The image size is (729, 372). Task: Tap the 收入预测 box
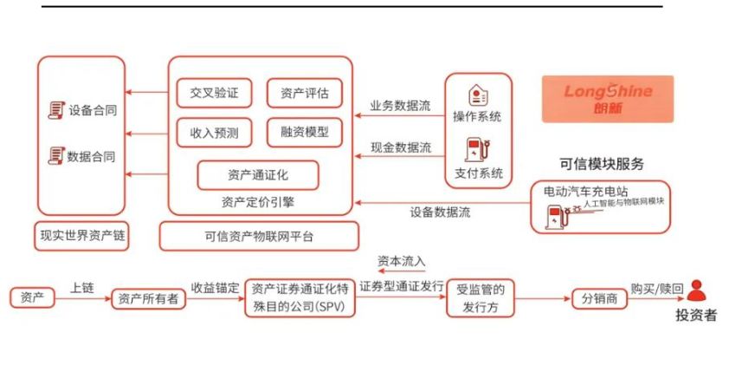tap(214, 133)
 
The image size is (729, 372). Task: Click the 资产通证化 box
tap(258, 174)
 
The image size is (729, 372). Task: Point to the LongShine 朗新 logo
tap(608, 98)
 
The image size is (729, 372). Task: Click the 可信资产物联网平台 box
tap(259, 236)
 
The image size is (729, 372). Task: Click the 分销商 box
tap(597, 298)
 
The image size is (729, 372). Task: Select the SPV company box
tap(300, 298)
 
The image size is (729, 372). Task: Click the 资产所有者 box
tap(148, 298)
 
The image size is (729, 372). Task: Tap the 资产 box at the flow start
tap(33, 298)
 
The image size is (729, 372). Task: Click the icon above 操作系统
tap(477, 95)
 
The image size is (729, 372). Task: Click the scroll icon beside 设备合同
tap(57, 110)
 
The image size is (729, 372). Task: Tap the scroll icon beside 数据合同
tap(57, 156)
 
